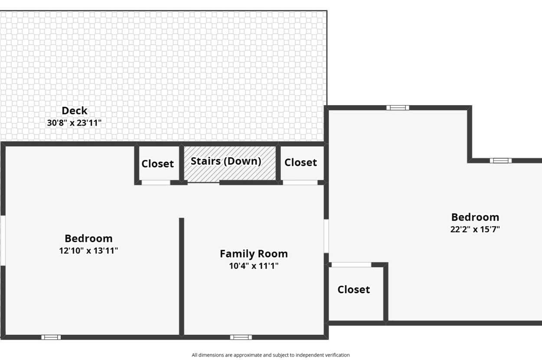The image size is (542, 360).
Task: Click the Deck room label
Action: tap(74, 111)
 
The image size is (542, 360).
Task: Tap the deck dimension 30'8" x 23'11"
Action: tap(74, 123)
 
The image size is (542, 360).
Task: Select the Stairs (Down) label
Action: tap(226, 161)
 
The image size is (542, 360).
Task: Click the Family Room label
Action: tap(254, 254)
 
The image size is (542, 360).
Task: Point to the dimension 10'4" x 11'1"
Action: tap(254, 266)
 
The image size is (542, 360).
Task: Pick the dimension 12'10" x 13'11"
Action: tap(88, 250)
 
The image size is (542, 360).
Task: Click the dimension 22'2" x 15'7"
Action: tap(475, 229)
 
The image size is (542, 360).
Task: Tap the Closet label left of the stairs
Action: tap(157, 164)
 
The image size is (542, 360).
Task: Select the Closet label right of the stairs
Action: tap(300, 162)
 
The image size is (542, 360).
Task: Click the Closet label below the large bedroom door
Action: tap(353, 290)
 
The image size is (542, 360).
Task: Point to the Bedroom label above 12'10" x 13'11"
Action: tap(88, 238)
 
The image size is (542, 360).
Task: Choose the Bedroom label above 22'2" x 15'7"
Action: tap(475, 217)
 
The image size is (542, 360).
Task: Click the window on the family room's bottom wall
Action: tap(241, 337)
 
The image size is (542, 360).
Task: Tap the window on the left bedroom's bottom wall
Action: tap(51, 337)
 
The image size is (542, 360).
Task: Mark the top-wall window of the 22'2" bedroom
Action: tap(398, 108)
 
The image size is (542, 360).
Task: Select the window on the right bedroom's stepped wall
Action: tap(501, 161)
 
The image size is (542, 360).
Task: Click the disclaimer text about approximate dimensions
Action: tap(271, 355)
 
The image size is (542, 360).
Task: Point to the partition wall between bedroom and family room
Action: tap(182, 277)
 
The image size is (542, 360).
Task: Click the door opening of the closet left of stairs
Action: tap(156, 182)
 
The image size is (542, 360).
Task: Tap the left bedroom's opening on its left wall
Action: tap(3, 240)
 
